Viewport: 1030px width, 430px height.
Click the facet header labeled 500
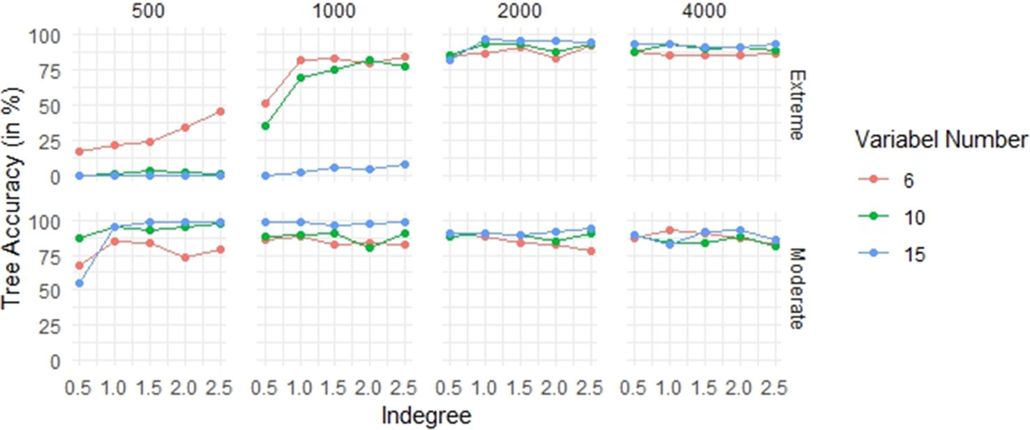[149, 11]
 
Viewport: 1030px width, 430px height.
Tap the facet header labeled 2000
[520, 11]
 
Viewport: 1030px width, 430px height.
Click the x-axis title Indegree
[426, 415]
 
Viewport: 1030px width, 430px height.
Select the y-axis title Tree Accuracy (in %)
[12, 199]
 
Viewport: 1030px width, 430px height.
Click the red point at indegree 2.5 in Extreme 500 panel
[221, 112]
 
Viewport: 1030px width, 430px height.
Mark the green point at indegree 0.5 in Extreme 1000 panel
[265, 126]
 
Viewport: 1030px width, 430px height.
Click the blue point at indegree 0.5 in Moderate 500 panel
[80, 283]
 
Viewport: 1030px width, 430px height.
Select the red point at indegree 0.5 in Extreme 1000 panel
[265, 103]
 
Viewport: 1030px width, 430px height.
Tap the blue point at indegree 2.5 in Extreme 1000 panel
[405, 165]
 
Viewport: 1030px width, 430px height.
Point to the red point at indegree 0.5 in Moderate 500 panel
[80, 265]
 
